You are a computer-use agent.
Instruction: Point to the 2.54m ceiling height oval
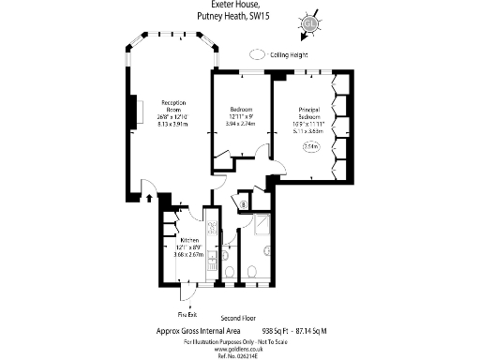point(310,146)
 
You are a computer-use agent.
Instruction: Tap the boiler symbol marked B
point(243,203)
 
